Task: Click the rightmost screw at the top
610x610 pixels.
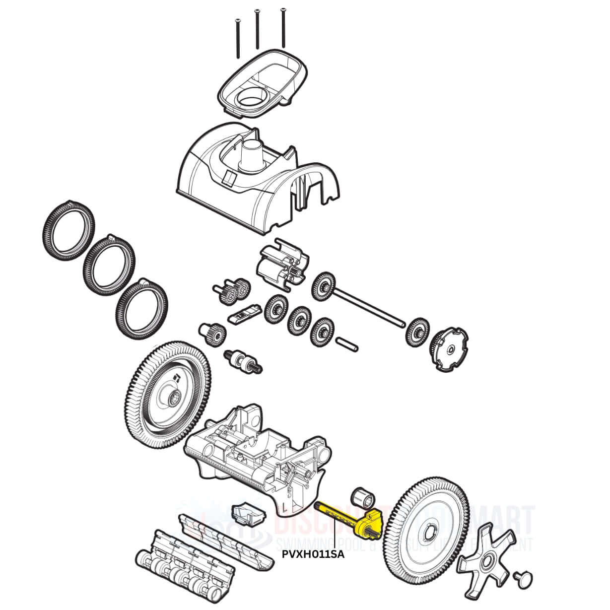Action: click(283, 27)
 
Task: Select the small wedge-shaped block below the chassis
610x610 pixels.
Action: click(246, 514)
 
